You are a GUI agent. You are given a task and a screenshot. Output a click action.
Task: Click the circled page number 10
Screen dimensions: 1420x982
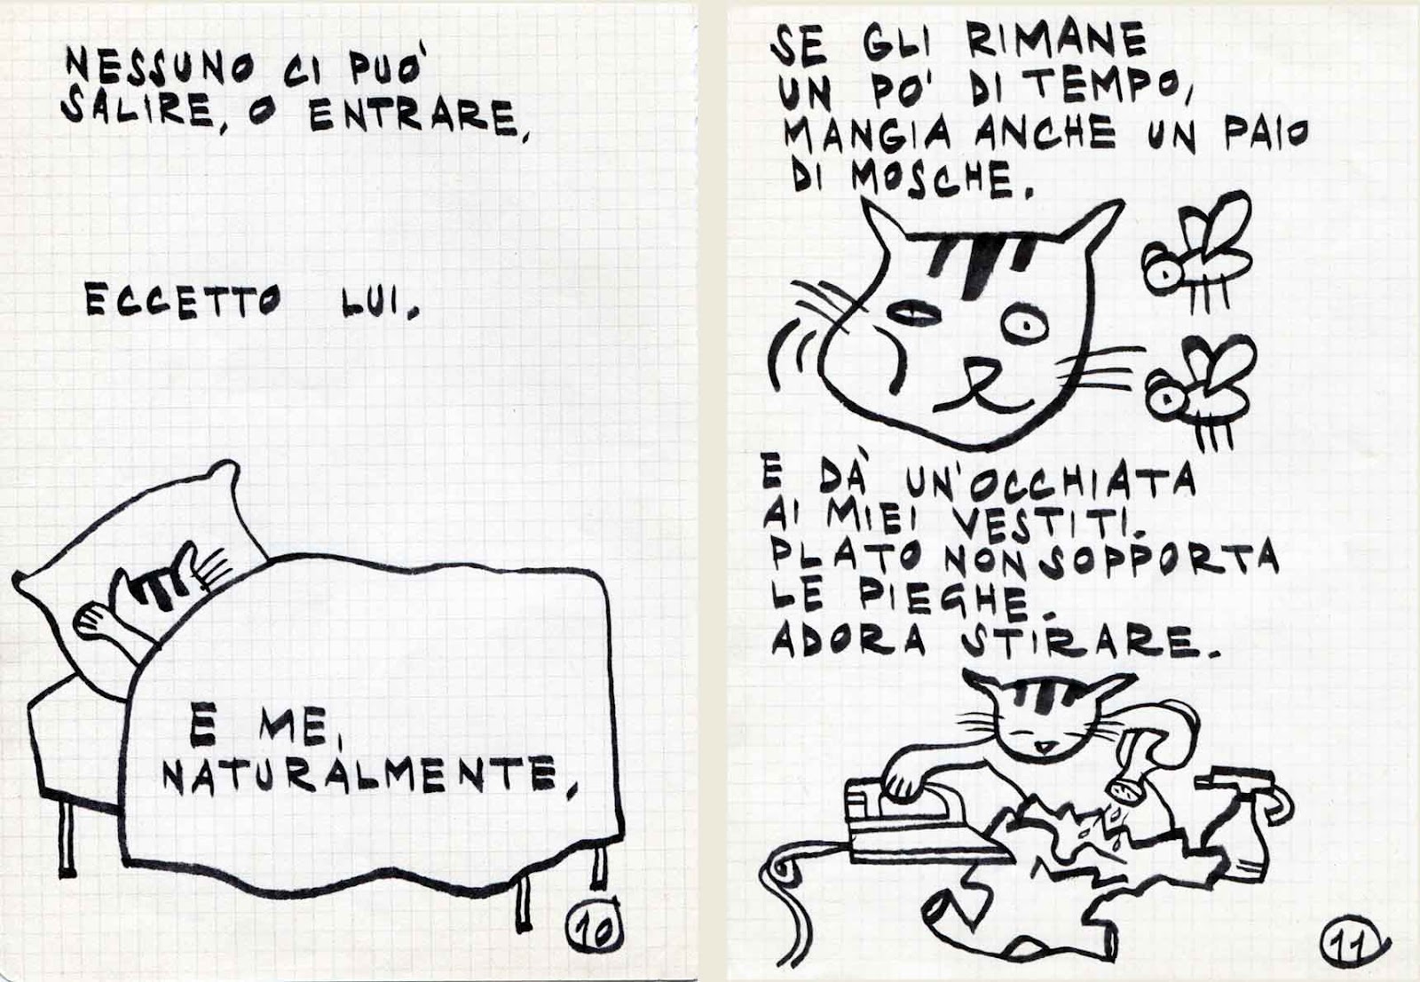click(594, 933)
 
